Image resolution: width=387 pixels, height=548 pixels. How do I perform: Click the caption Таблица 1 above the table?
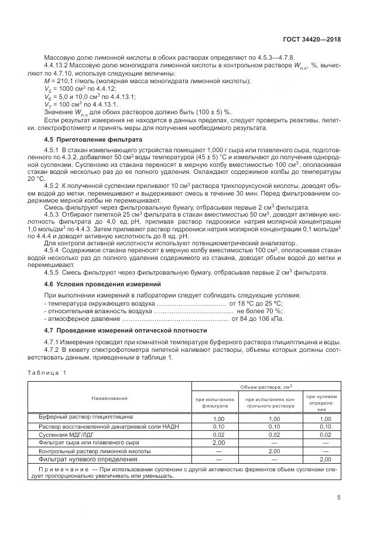pos(49,373)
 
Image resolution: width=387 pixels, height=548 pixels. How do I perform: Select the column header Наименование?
pos(109,398)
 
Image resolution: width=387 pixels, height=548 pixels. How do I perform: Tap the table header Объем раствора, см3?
pos(266,387)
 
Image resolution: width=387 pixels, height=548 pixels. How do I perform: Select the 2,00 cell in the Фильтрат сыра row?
pos(218,443)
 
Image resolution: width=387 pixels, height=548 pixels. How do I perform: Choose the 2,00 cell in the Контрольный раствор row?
pos(274,452)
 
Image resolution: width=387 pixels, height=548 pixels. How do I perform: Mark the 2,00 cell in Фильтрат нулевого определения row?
pos(326,460)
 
